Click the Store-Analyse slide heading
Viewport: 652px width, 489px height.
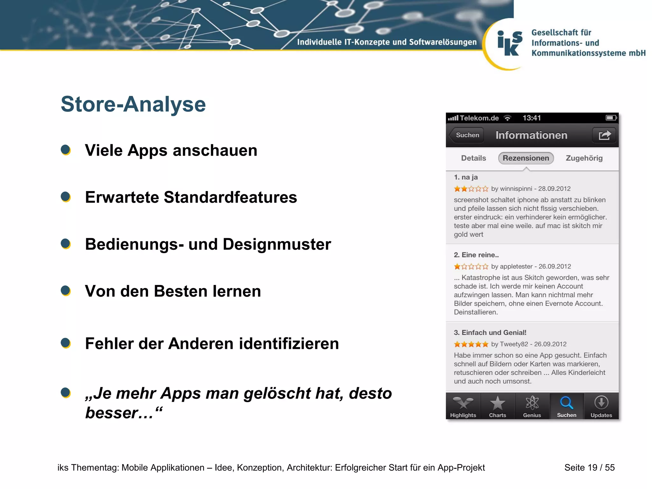point(133,104)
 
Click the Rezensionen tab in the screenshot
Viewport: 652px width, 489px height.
point(526,158)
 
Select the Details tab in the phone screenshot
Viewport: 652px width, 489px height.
point(473,158)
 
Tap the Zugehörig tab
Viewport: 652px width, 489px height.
point(584,158)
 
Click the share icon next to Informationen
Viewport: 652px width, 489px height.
point(604,135)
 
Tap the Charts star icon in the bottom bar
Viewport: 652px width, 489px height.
point(497,404)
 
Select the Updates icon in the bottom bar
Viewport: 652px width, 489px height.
point(601,403)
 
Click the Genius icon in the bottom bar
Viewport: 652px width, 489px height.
point(532,403)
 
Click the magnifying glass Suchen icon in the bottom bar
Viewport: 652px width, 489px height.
point(566,403)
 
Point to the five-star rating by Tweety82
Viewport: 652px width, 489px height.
point(471,344)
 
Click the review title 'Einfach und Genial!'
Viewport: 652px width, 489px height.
point(493,333)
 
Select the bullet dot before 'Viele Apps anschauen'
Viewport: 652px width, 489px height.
point(66,150)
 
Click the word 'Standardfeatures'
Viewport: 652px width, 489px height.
point(230,197)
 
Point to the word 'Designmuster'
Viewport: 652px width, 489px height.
point(277,244)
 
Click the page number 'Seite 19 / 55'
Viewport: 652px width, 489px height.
point(589,467)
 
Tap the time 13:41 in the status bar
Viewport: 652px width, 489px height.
point(531,118)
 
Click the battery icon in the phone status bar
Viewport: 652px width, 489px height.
point(611,118)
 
